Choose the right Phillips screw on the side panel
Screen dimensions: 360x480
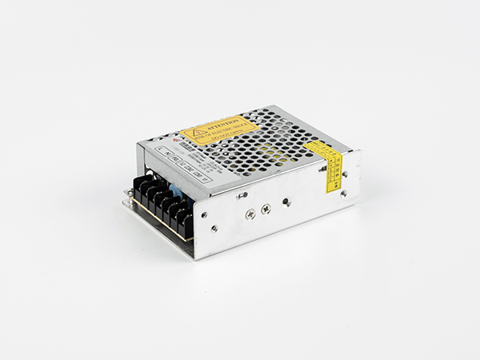pos(266,208)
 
